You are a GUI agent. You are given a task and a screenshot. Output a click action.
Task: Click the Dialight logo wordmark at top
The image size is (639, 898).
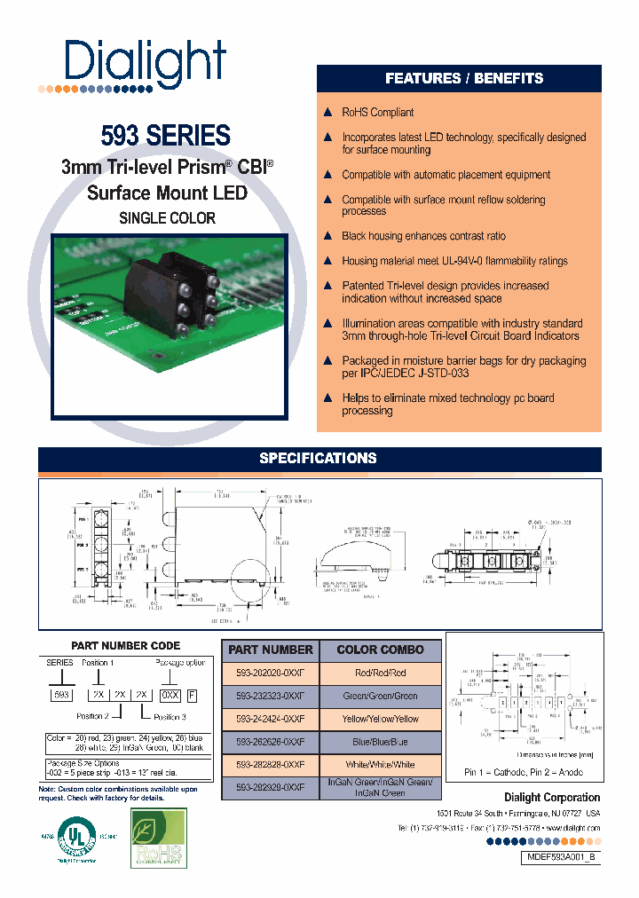[146, 61]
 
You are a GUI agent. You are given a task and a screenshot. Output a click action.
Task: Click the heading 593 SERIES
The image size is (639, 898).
[166, 135]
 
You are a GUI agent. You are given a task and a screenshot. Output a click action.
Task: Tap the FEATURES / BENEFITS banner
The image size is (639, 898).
[463, 79]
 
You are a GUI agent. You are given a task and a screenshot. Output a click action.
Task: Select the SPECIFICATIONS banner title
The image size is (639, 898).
[318, 459]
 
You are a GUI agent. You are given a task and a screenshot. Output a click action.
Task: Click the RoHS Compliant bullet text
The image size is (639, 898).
[377, 113]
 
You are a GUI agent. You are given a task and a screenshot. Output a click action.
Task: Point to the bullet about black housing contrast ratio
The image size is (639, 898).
[423, 236]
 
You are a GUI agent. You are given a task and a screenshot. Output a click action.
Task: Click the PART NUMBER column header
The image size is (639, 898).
[270, 650]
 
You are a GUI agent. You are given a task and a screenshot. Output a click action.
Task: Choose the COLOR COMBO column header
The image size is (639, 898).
[380, 650]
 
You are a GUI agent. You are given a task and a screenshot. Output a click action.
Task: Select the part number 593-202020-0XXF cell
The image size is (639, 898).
[270, 673]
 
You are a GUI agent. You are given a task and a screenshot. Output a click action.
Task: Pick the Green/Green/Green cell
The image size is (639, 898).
[380, 696]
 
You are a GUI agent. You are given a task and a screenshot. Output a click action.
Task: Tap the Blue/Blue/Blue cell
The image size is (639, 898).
[380, 742]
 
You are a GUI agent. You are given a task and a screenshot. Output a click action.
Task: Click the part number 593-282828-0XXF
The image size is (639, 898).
[270, 765]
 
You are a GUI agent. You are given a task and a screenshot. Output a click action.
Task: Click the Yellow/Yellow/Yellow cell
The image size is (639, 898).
[380, 719]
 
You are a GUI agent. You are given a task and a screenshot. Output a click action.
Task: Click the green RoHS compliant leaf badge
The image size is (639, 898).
[159, 837]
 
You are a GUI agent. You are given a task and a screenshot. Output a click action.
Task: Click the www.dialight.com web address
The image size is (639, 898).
[568, 828]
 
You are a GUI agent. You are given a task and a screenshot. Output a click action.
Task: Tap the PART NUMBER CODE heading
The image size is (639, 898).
[125, 646]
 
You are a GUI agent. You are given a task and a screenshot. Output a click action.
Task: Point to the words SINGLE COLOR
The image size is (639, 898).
[167, 217]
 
